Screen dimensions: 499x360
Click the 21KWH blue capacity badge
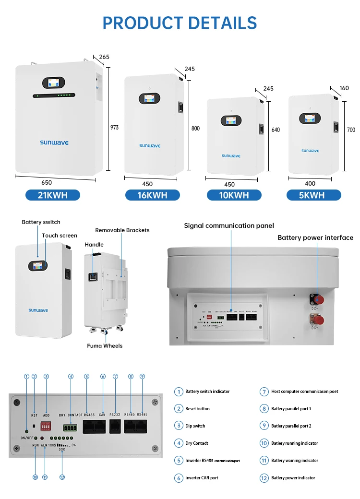(x=52, y=195)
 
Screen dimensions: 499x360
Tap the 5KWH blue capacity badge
(x=313, y=195)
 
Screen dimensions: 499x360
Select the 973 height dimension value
(x=114, y=128)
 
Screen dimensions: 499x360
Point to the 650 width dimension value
(x=47, y=183)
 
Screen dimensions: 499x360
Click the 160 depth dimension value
(x=344, y=88)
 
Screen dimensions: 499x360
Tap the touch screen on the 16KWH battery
(x=149, y=98)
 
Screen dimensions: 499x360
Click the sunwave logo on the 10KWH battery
(x=231, y=155)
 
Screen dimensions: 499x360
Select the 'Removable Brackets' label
(x=122, y=230)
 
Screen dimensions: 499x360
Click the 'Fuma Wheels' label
(x=105, y=346)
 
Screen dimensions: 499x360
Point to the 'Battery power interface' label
(x=315, y=238)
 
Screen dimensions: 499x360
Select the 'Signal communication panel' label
(x=229, y=226)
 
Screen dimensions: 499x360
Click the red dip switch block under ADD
(x=47, y=426)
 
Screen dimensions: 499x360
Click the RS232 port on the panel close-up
(x=116, y=426)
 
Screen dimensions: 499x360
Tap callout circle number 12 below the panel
(x=62, y=477)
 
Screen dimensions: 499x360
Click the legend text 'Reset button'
(x=197, y=409)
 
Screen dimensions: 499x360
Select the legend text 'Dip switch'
(x=195, y=426)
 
